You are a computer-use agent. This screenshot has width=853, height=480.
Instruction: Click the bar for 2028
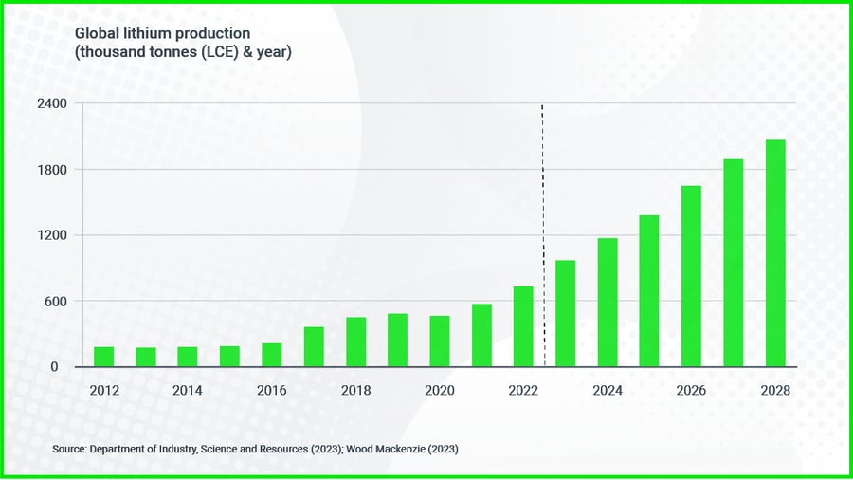point(775,253)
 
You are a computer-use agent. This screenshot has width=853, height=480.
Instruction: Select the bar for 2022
point(523,326)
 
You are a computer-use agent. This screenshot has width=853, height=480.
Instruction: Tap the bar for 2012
point(103,357)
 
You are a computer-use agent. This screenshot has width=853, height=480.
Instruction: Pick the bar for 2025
point(649,291)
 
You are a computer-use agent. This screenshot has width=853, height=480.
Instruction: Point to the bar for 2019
point(397,340)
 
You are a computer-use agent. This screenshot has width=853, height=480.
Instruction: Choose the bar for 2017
point(314,346)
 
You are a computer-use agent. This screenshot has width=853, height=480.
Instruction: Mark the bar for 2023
point(565,313)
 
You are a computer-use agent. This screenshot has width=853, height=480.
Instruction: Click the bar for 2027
point(734,263)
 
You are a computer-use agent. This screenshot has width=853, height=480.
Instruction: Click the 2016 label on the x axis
point(272,390)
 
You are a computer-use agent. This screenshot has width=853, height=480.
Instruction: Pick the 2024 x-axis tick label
point(608,390)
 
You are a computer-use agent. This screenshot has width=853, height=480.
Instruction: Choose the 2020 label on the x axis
point(440,390)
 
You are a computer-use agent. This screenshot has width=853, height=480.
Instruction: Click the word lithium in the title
point(141,33)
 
